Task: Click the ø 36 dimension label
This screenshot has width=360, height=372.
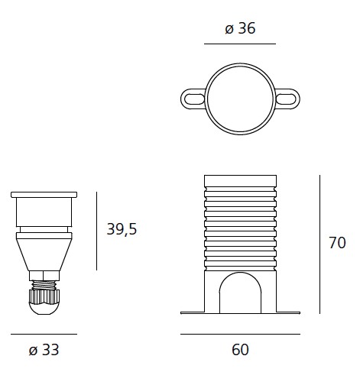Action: point(240,30)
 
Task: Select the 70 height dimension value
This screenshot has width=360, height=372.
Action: point(336,244)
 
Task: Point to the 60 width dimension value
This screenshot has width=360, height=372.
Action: point(240,350)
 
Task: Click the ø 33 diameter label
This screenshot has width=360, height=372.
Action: point(44,351)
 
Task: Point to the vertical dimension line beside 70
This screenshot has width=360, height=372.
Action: point(319,244)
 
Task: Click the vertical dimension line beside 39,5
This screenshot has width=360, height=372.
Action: point(97,231)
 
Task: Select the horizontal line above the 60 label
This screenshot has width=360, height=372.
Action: point(240,334)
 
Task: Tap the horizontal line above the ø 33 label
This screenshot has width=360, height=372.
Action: point(44,334)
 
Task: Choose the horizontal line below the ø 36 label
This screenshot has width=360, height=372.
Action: point(240,44)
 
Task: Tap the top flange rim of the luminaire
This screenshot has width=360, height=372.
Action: point(44,195)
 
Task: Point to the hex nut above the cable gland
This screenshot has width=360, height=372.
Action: point(44,276)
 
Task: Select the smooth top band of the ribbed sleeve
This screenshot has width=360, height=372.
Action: point(240,180)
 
